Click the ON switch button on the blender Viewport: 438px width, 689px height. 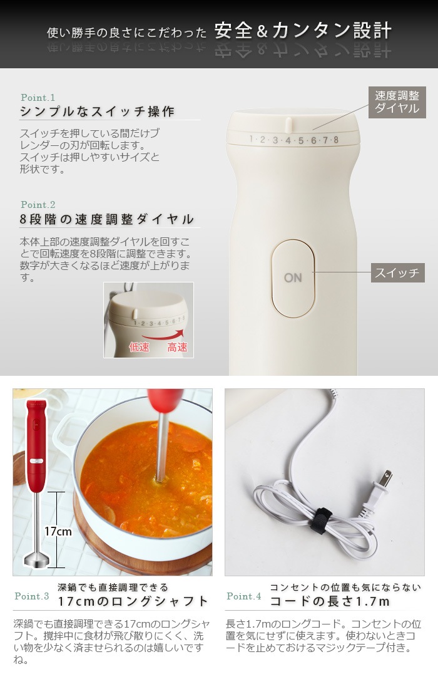click(x=293, y=277)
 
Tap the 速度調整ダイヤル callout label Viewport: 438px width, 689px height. click(x=397, y=102)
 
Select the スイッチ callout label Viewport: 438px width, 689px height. click(x=397, y=273)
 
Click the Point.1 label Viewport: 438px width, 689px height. click(x=38, y=98)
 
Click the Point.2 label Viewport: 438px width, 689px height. click(x=38, y=205)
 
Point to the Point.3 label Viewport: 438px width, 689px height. click(x=32, y=596)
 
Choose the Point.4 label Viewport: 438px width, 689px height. click(x=244, y=596)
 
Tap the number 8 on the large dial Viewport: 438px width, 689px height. click(x=336, y=140)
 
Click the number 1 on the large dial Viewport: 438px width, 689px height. click(x=251, y=139)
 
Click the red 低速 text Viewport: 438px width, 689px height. click(x=139, y=347)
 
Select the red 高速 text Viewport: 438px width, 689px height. click(x=177, y=347)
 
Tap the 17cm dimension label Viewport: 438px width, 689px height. click(x=58, y=532)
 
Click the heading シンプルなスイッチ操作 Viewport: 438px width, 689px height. click(x=97, y=111)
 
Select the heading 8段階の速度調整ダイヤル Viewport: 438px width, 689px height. click(x=106, y=219)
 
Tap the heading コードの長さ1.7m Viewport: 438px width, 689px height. click(x=329, y=601)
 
